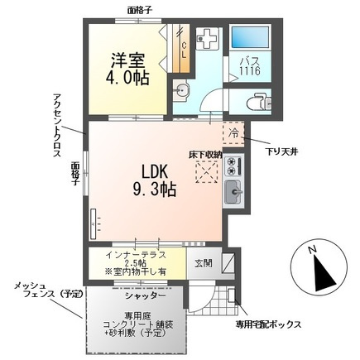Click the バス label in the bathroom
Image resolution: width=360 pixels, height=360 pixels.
click(x=251, y=63)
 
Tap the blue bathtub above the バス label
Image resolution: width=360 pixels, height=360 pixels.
click(x=252, y=38)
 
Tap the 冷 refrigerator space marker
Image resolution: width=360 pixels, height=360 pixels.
click(x=234, y=132)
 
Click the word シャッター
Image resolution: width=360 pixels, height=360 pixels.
click(x=146, y=295)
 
